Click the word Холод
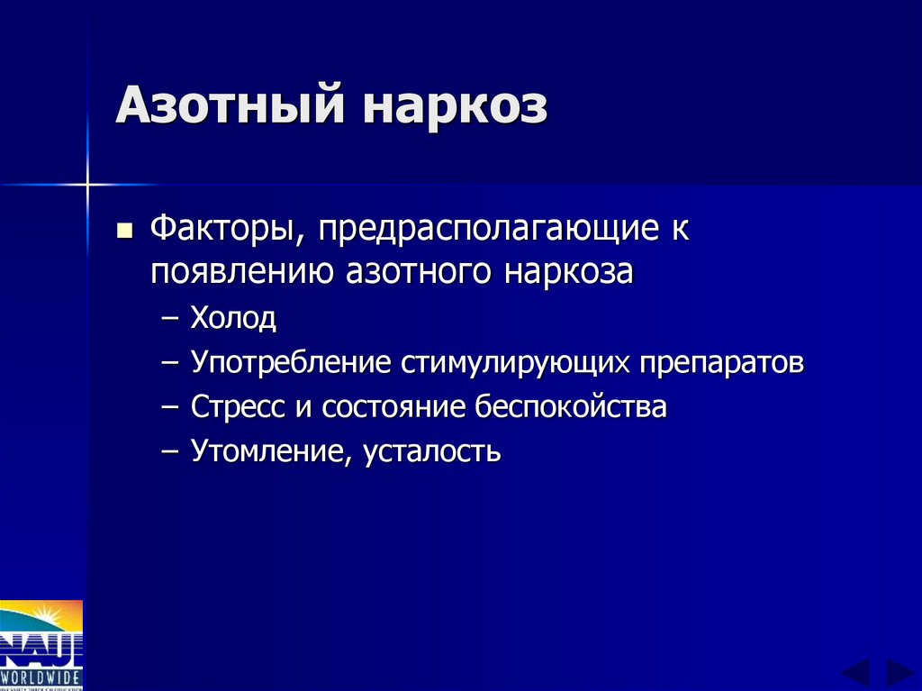point(233,317)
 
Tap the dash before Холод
point(174,319)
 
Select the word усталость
point(432,450)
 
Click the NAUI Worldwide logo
point(41,644)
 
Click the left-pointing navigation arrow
point(855,673)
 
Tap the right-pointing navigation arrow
point(899,673)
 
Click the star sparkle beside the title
point(87,185)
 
